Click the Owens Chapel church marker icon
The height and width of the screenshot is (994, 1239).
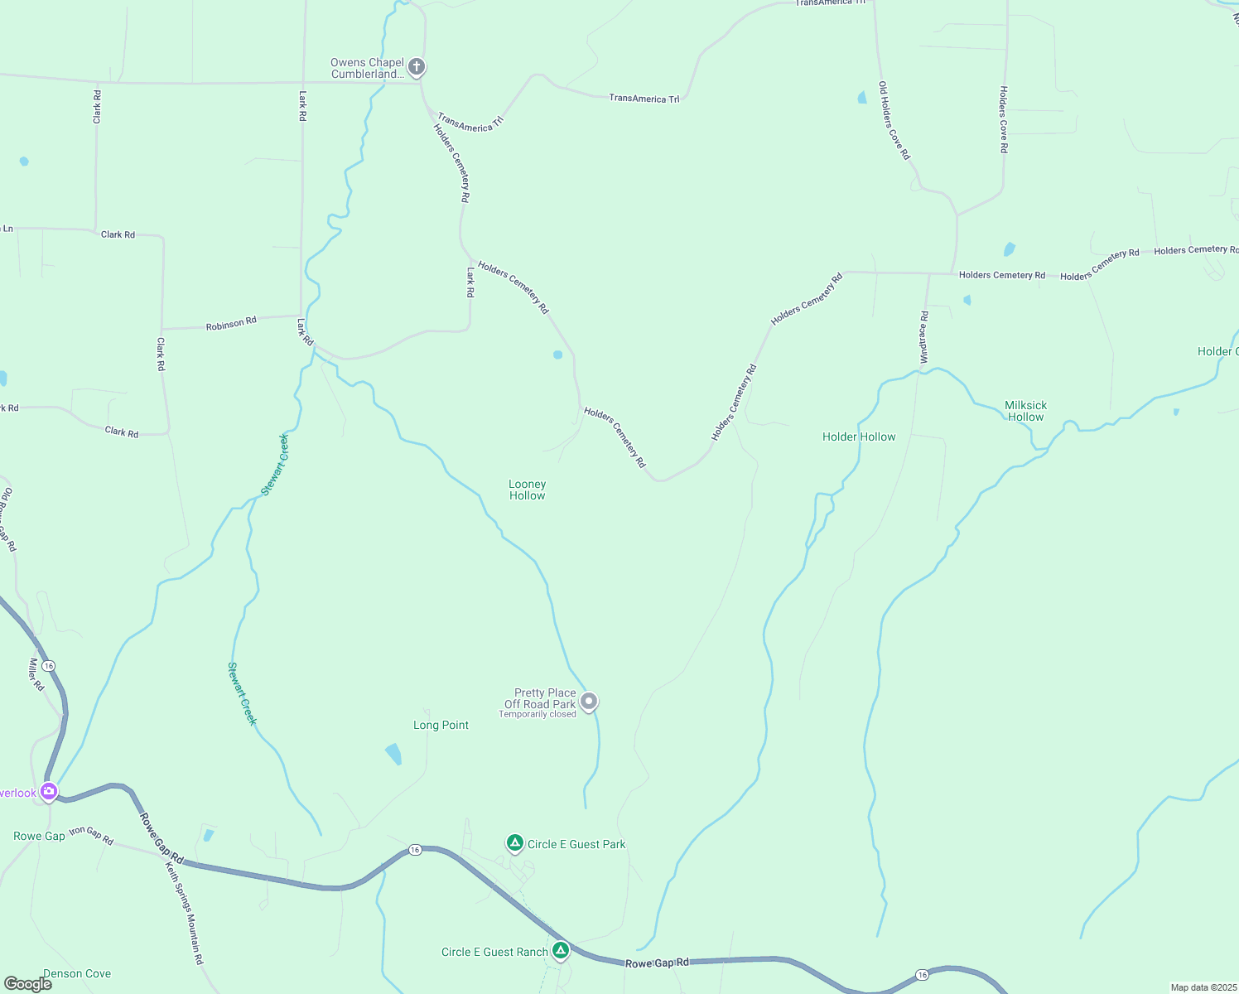coord(417,67)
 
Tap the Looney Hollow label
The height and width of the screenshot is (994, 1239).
coord(528,490)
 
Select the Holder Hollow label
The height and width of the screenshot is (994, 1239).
coord(859,437)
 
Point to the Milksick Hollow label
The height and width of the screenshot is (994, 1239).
coord(1025,411)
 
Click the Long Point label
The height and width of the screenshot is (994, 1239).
coord(441,725)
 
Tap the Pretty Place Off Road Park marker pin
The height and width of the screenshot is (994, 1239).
coord(589,702)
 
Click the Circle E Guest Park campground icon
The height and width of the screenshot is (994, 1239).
coord(515,843)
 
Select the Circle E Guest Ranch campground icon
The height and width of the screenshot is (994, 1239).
coord(561,950)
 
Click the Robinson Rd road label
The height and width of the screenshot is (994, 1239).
coord(231,324)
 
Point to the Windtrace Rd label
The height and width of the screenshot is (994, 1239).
coord(924,337)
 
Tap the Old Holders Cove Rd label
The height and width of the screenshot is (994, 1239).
coord(894,120)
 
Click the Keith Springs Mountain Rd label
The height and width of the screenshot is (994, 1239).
coord(184,913)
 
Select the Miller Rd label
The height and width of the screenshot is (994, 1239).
coord(36,674)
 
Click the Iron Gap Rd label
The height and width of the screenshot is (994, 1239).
coord(91,834)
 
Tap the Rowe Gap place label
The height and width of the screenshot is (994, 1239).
coord(39,836)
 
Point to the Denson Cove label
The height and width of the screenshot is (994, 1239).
coord(77,973)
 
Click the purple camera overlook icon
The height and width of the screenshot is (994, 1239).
coord(49,792)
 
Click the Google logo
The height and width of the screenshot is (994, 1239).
coord(28,983)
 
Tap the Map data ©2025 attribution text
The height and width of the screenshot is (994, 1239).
coord(1203,987)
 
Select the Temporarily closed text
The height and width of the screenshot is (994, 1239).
coord(538,714)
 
